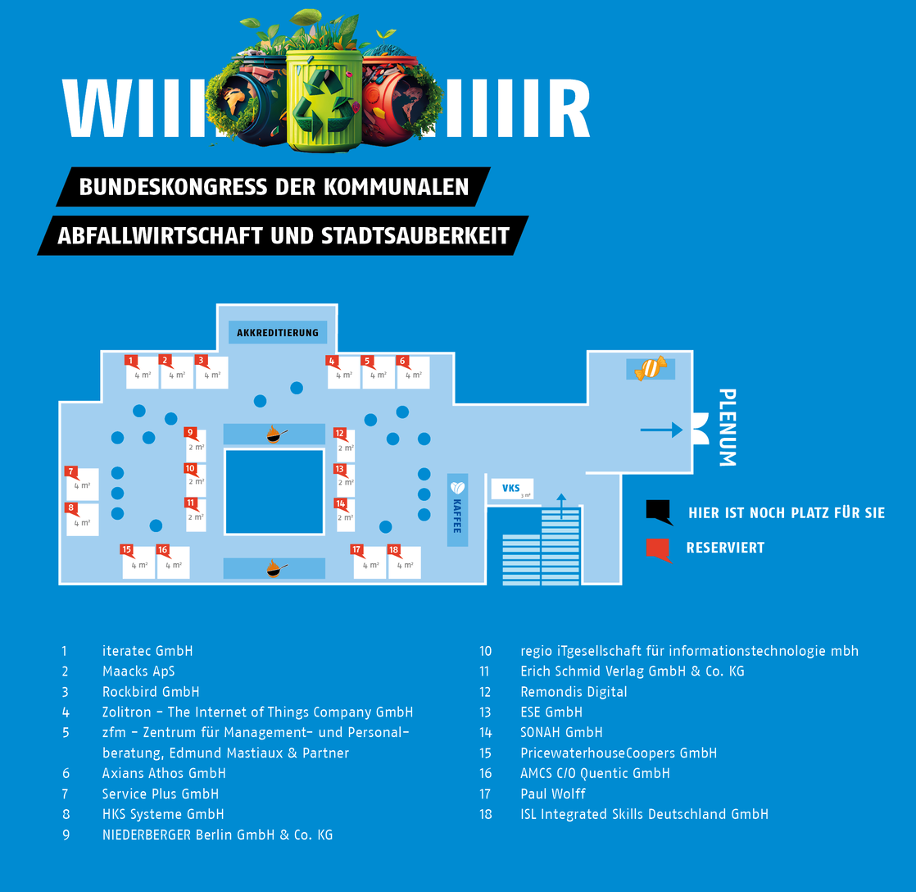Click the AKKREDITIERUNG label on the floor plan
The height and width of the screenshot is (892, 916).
click(277, 333)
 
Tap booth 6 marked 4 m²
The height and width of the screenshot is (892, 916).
click(413, 373)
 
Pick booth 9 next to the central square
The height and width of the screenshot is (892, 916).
click(195, 445)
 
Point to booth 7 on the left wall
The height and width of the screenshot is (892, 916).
click(82, 484)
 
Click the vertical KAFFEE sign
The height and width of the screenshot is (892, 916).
click(457, 509)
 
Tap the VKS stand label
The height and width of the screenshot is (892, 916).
click(511, 489)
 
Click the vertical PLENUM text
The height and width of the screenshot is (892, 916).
click(726, 427)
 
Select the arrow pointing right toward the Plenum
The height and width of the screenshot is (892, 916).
click(661, 430)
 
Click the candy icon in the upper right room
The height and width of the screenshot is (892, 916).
click(651, 369)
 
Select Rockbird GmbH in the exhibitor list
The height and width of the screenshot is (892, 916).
click(151, 692)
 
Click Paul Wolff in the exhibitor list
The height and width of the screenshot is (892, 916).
click(553, 794)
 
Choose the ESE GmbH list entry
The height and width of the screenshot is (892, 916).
click(551, 712)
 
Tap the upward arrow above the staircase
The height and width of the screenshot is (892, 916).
click(561, 506)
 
